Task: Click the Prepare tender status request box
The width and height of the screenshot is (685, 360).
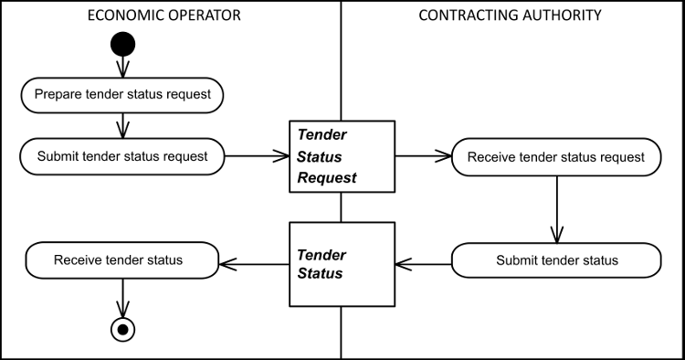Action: (122, 94)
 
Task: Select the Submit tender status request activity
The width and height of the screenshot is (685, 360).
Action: (122, 156)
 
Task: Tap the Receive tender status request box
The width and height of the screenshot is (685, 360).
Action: (556, 157)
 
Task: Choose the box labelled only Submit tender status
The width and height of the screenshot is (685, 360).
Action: (556, 260)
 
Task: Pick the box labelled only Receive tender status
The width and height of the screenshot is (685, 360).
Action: (122, 260)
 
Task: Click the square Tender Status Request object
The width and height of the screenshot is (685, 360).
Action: (342, 156)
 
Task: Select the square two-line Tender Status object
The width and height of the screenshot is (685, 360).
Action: (342, 264)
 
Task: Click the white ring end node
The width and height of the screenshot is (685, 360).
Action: (122, 329)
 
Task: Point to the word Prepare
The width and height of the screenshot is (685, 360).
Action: (58, 94)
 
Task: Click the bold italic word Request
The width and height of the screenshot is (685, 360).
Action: (327, 178)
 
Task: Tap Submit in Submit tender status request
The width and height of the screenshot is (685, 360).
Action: (58, 156)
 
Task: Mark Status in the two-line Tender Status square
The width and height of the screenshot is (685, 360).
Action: (320, 273)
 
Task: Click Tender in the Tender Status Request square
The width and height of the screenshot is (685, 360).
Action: (321, 134)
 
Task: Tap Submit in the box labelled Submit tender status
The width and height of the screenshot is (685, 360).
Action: (517, 260)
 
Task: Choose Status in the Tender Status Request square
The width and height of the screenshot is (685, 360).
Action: (320, 157)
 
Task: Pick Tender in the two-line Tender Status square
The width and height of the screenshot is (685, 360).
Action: (321, 255)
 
